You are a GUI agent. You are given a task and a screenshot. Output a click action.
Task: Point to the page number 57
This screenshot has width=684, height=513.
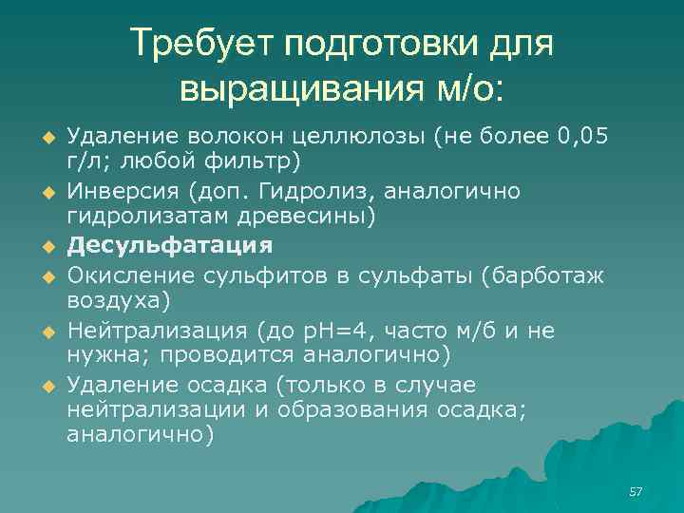tap(636, 491)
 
